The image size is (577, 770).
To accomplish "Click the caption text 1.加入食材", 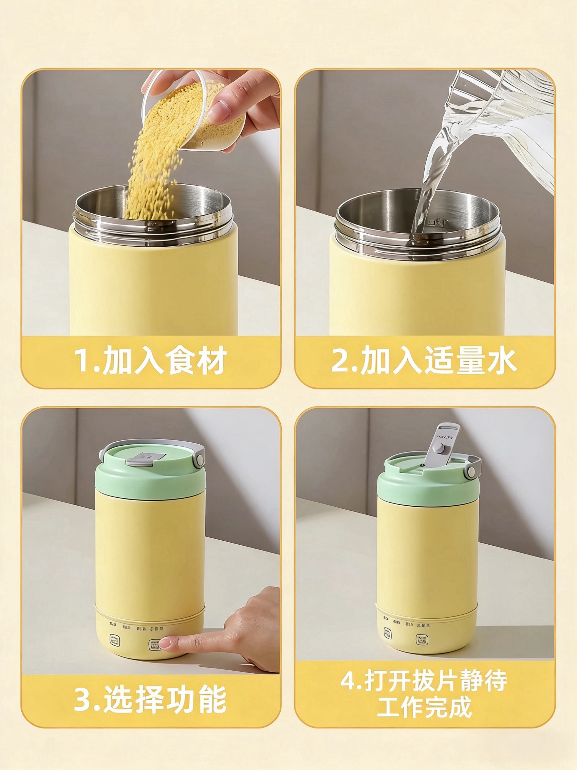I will [150, 360].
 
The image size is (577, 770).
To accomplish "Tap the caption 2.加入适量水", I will [424, 360].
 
